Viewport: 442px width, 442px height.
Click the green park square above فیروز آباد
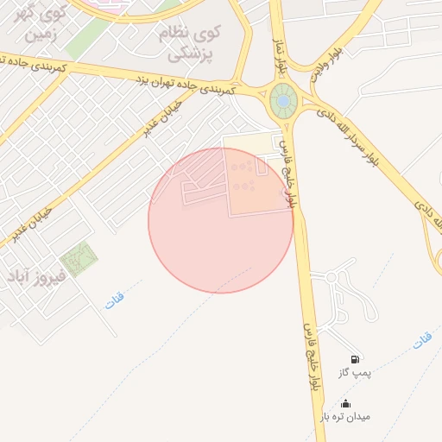(x=79, y=256)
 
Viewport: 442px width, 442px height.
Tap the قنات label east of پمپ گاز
(x=421, y=341)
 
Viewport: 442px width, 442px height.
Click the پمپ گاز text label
(x=355, y=372)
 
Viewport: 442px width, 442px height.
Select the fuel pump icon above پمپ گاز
(x=355, y=358)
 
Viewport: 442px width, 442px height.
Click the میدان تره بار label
(x=345, y=416)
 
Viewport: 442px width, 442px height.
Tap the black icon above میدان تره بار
(x=345, y=403)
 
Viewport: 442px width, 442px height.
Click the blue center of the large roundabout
(x=281, y=102)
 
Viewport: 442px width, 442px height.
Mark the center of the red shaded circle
(x=220, y=220)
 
